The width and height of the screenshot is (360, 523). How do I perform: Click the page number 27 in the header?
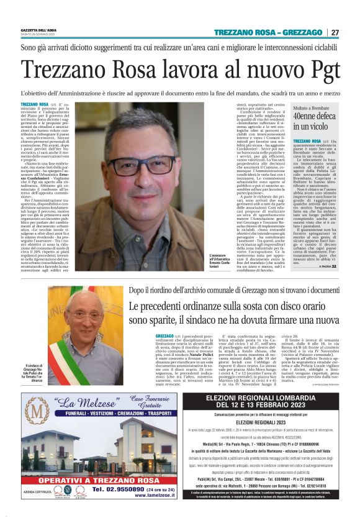click(x=335, y=32)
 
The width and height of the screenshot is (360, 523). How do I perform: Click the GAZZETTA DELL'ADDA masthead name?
click(x=39, y=30)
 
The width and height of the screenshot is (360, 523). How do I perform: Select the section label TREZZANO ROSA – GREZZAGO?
click(x=268, y=32)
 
